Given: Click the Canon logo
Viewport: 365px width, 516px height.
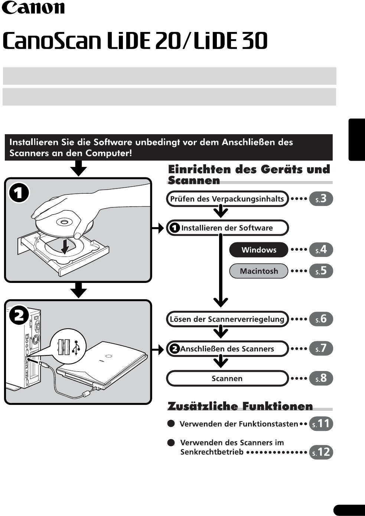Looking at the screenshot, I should pyautogui.click(x=33, y=7).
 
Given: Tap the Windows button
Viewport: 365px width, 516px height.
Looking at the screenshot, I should pyautogui.click(x=258, y=250).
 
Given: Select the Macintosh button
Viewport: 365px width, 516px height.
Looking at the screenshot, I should pyautogui.click(x=258, y=271).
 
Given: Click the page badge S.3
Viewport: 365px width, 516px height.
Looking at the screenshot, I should pyautogui.click(x=321, y=199).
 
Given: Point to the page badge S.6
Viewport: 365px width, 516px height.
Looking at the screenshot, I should pyautogui.click(x=321, y=319).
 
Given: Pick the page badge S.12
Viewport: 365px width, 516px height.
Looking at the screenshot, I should pyautogui.click(x=321, y=452).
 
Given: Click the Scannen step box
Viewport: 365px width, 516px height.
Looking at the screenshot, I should pyautogui.click(x=227, y=378).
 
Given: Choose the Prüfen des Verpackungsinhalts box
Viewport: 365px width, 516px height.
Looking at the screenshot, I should pyautogui.click(x=227, y=199).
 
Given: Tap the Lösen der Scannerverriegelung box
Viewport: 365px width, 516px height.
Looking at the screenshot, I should pyautogui.click(x=227, y=319).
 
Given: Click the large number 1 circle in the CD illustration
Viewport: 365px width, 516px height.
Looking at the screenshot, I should pyautogui.click(x=19, y=193).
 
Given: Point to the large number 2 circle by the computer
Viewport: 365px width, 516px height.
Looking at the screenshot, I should pyautogui.click(x=19, y=315).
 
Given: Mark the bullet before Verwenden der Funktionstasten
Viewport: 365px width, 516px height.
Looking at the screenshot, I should pyautogui.click(x=171, y=423).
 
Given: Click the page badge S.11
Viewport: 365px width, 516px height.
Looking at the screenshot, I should pyautogui.click(x=321, y=423).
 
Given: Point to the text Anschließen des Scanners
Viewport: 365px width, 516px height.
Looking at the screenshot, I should pyautogui.click(x=227, y=349).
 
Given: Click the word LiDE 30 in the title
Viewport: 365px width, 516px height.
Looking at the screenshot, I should pyautogui.click(x=230, y=41).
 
